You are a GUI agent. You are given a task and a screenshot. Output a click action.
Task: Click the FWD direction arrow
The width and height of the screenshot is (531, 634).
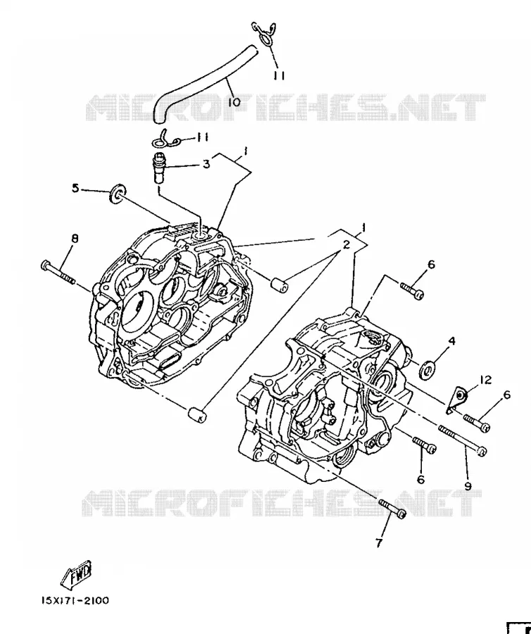tap(76, 575)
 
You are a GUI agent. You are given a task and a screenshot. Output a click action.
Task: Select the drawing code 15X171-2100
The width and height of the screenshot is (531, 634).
tap(75, 600)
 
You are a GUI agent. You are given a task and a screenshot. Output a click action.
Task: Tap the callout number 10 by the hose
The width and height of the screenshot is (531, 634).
tap(234, 102)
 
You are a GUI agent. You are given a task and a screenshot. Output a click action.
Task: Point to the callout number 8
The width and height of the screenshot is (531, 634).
tap(75, 239)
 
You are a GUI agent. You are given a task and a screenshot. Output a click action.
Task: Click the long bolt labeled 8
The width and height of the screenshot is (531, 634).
tap(58, 272)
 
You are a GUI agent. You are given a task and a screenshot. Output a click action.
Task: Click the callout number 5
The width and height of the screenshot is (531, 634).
tap(75, 188)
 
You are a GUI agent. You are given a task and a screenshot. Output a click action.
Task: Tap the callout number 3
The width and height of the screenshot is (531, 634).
tap(206, 164)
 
